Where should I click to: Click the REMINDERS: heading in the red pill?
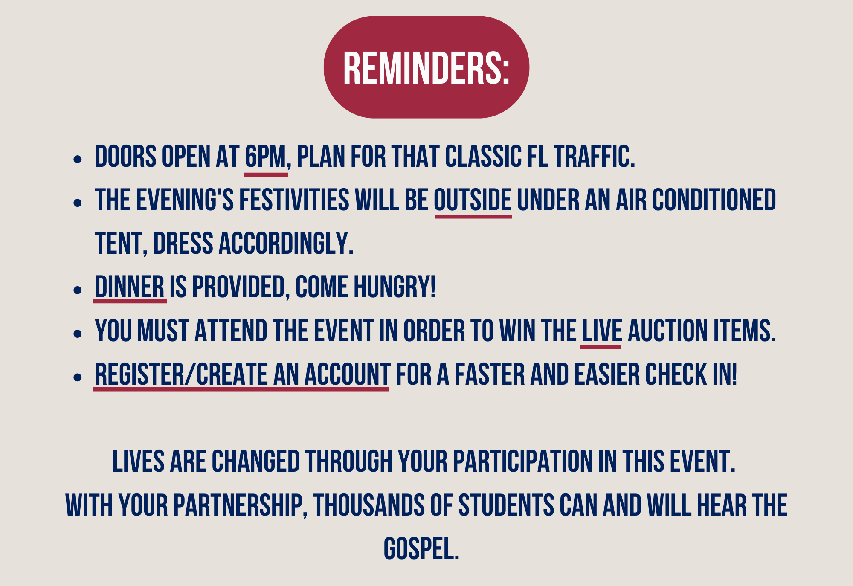point(426,68)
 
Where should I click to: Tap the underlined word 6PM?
point(265,157)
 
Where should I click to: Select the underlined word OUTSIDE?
point(473,200)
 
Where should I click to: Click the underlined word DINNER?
point(130,287)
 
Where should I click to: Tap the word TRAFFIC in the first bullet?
point(594,157)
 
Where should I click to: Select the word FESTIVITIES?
point(294,200)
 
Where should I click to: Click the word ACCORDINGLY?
point(286,244)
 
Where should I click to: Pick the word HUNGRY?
point(395,287)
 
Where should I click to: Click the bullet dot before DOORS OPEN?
point(77,160)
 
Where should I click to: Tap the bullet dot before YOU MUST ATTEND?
point(77,333)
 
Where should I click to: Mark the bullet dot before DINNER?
point(77,290)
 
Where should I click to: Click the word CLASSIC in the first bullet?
point(484,157)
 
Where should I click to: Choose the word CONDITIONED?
point(714,200)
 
